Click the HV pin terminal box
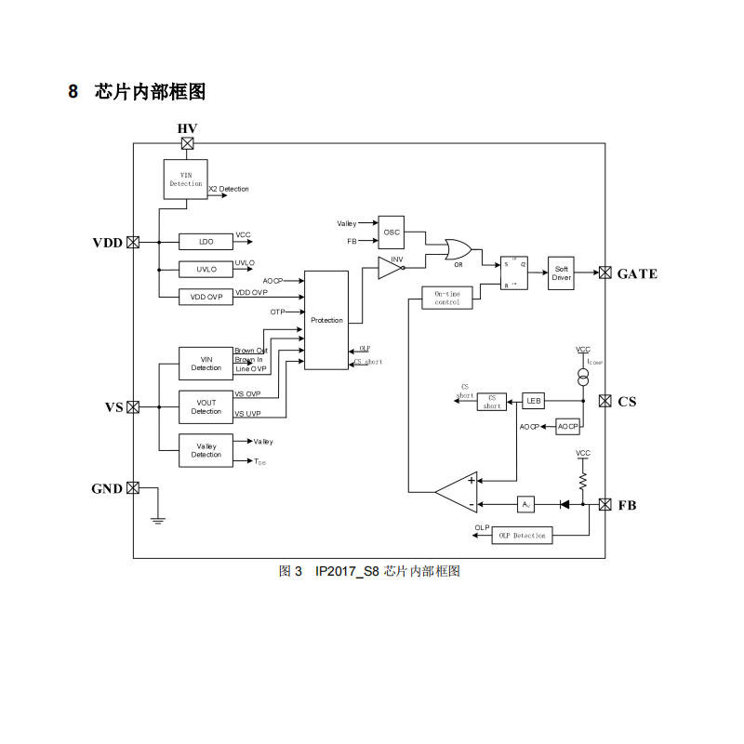pyautogui.click(x=188, y=143)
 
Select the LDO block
pyautogui.click(x=206, y=242)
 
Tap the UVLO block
pyautogui.click(x=206, y=270)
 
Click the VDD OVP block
pyautogui.click(x=206, y=297)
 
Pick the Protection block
pyautogui.click(x=326, y=320)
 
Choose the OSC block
pyautogui.click(x=392, y=232)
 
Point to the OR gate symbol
pyautogui.click(x=458, y=250)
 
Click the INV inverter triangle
pyautogui.click(x=391, y=269)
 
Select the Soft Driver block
pyautogui.click(x=562, y=272)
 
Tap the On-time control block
pyautogui.click(x=447, y=298)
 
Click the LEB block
pyautogui.click(x=533, y=401)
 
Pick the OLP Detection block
pyautogui.click(x=522, y=535)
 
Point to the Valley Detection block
pyautogui.click(x=206, y=450)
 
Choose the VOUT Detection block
pyautogui.click(x=206, y=406)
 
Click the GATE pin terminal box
pyautogui.click(x=605, y=272)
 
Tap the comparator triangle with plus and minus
pyautogui.click(x=458, y=492)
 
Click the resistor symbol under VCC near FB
pyautogui.click(x=583, y=480)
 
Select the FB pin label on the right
pyautogui.click(x=628, y=505)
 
